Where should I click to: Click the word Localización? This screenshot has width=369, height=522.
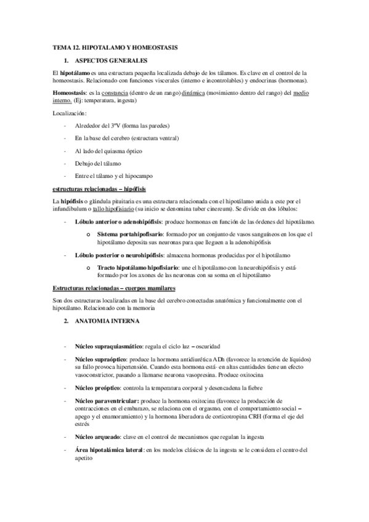pos(70,113)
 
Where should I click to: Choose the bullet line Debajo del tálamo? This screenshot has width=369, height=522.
pos(99,163)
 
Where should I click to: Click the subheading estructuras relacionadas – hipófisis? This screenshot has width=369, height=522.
pos(99,188)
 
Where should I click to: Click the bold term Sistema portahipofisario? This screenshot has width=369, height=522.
pos(130,234)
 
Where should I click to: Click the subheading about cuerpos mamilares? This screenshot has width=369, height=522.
pos(114,288)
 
